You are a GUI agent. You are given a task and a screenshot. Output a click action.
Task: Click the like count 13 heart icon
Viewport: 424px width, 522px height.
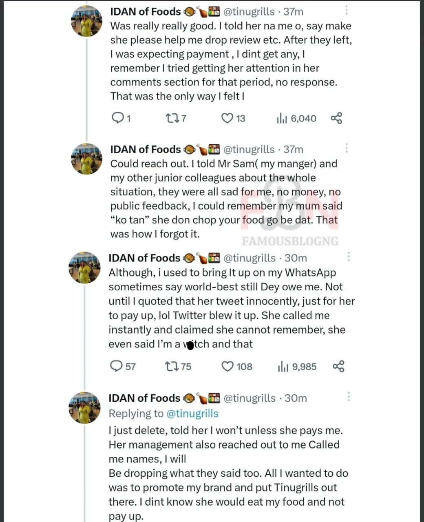click(227, 119)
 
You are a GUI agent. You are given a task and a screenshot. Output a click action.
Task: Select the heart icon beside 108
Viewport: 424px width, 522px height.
click(227, 367)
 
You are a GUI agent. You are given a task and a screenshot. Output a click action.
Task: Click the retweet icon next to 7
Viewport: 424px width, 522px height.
click(171, 119)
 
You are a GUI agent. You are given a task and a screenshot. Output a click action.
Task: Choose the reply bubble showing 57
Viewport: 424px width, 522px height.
click(117, 366)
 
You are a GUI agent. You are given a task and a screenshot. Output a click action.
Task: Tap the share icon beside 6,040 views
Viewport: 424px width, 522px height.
click(337, 119)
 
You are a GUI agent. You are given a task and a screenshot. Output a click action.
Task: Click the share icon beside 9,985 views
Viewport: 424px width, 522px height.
click(338, 367)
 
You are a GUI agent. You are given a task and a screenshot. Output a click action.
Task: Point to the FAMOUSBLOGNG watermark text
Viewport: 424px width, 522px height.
click(290, 241)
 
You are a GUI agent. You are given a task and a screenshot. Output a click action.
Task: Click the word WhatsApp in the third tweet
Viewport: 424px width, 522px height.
click(310, 272)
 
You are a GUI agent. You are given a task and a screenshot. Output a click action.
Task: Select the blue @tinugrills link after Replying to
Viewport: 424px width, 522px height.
click(192, 414)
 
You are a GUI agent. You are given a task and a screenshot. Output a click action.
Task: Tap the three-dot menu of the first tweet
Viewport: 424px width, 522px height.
click(347, 10)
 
